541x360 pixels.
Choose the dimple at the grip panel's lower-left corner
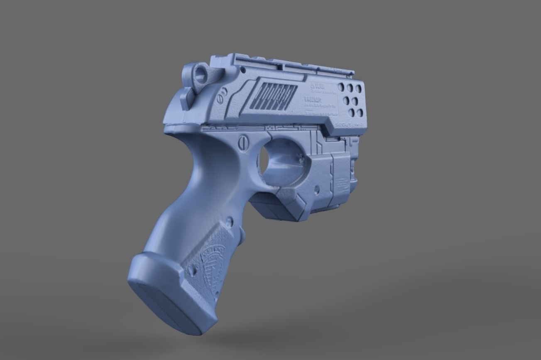(191, 270)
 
